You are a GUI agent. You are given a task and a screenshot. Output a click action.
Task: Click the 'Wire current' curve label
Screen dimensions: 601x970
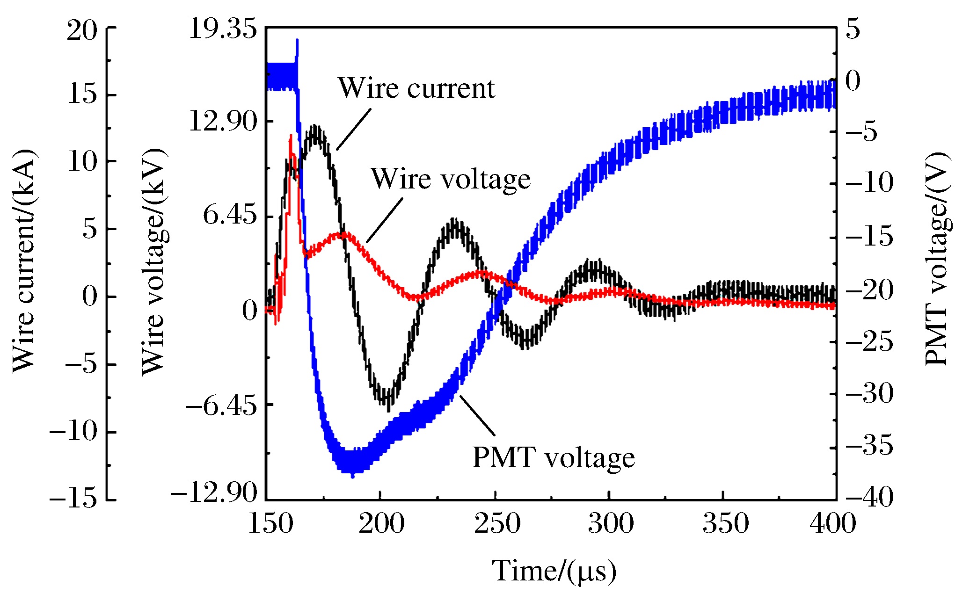(416, 88)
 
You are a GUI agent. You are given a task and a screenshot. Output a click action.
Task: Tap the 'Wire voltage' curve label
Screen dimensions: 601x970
(451, 179)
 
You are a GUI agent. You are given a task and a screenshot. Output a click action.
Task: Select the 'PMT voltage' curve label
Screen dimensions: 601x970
(554, 457)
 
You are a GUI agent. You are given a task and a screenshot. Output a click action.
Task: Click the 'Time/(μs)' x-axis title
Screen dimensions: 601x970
(554, 571)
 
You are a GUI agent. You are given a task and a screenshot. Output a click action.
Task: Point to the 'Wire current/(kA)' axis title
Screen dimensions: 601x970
(24, 261)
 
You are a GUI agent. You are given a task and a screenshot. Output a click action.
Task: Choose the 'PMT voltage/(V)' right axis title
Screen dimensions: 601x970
(937, 259)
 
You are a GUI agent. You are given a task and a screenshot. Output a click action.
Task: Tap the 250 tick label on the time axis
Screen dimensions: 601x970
(497, 523)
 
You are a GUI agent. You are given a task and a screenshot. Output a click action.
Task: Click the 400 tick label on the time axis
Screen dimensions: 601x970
(833, 523)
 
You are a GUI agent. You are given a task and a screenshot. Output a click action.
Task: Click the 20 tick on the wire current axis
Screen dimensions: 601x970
(82, 31)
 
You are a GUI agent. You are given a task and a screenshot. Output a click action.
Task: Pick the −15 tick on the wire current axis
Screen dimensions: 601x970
(73, 500)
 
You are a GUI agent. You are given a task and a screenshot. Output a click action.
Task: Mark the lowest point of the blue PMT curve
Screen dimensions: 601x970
(352, 476)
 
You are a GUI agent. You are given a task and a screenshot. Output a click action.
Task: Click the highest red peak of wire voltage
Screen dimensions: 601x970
(291, 136)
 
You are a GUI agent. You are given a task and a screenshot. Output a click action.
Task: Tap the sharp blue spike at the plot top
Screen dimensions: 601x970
(297, 41)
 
